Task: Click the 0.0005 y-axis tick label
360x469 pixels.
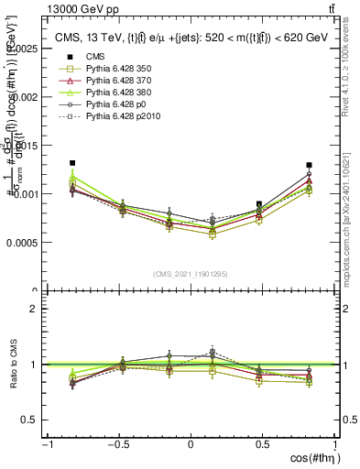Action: (26, 243)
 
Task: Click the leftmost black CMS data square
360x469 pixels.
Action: (72, 163)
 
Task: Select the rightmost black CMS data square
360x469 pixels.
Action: (309, 166)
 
